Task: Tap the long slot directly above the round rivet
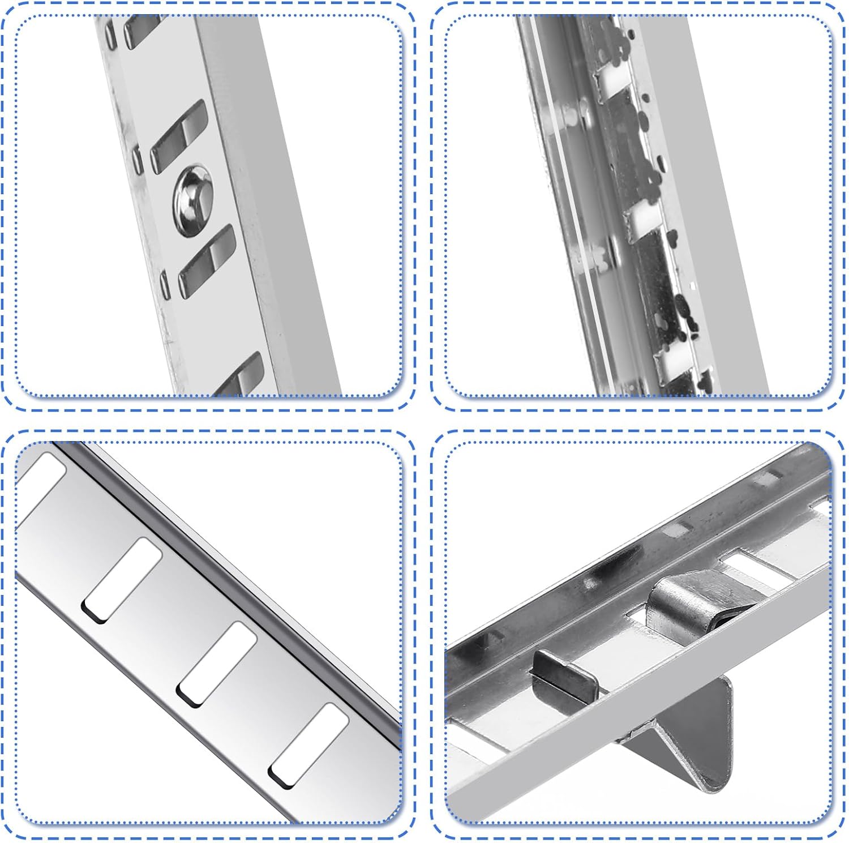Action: click(x=178, y=136)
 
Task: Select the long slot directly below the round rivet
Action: click(x=207, y=260)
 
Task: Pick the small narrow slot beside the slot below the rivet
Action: click(x=165, y=284)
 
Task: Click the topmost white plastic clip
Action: click(x=611, y=82)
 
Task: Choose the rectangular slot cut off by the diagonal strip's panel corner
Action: click(x=40, y=481)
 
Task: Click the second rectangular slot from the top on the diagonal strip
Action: click(x=122, y=580)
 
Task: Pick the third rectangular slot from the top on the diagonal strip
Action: click(x=217, y=664)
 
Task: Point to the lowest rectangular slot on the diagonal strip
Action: click(x=308, y=745)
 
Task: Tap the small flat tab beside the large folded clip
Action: click(x=565, y=674)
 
